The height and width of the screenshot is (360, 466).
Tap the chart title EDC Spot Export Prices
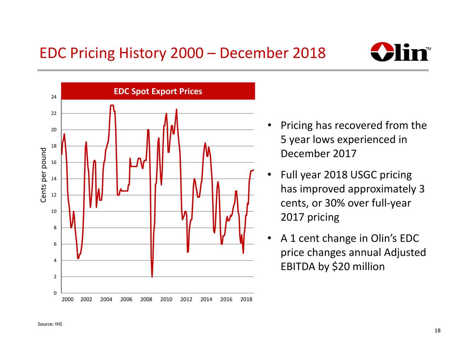(x=158, y=91)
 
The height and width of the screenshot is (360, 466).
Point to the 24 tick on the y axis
(x=54, y=97)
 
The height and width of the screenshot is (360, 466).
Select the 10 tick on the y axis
(x=54, y=211)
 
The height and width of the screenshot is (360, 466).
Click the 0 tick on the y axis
(x=55, y=293)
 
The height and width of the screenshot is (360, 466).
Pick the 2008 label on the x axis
(x=146, y=300)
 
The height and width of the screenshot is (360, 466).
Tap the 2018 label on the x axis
(x=246, y=300)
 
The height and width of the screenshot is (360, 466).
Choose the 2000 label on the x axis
(x=67, y=300)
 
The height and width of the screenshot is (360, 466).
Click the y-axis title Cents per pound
(x=44, y=175)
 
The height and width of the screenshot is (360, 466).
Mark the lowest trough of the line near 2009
(x=152, y=277)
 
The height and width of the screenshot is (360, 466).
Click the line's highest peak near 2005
(x=112, y=105)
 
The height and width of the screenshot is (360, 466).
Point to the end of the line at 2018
(x=253, y=170)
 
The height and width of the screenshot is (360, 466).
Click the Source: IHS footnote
(x=50, y=324)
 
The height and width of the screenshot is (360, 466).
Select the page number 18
(x=437, y=331)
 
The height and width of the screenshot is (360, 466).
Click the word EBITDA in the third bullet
(x=298, y=267)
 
